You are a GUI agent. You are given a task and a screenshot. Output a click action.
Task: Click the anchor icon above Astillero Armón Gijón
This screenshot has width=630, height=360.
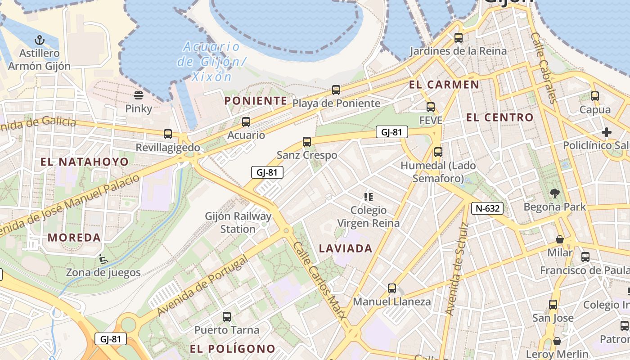pyautogui.click(x=40, y=40)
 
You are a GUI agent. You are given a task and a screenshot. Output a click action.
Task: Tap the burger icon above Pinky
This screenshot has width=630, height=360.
pyautogui.click(x=139, y=95)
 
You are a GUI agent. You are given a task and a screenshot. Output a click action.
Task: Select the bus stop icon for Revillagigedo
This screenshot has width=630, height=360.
pyautogui.click(x=168, y=134)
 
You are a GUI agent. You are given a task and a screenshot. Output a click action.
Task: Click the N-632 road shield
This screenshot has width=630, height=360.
pyautogui.click(x=487, y=208)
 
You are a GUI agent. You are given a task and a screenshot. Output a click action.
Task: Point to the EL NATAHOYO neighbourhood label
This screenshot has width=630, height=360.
pyautogui.click(x=85, y=162)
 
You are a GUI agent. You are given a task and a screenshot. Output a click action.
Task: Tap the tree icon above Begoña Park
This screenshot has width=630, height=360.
pyautogui.click(x=554, y=193)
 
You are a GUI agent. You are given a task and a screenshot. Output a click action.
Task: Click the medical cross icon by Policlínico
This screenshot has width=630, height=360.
pyautogui.click(x=606, y=132)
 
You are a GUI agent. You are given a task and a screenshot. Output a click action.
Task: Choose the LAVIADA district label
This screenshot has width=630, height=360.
pyautogui.click(x=346, y=248)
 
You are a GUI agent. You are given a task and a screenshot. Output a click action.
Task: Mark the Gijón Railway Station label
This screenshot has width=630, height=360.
pyautogui.click(x=238, y=222)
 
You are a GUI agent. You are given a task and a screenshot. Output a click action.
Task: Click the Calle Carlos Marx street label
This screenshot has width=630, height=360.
pyautogui.click(x=320, y=281)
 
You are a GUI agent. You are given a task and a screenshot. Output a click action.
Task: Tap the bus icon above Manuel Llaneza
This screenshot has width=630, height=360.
pyautogui.click(x=392, y=288)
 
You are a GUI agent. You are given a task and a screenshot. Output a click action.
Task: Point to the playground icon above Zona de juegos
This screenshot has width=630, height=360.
pyautogui.click(x=103, y=259)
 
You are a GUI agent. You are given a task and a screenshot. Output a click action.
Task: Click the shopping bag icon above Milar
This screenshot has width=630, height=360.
pyautogui.click(x=560, y=239)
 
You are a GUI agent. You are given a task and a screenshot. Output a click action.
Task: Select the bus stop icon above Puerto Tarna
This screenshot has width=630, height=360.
pyautogui.click(x=227, y=317)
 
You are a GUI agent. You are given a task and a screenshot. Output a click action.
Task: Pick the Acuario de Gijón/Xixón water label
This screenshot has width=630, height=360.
pyautogui.click(x=211, y=61)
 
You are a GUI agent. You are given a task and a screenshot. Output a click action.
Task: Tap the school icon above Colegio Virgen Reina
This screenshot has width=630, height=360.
pyautogui.click(x=369, y=197)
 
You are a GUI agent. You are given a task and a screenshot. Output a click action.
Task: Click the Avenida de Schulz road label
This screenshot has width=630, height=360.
pyautogui.click(x=456, y=269)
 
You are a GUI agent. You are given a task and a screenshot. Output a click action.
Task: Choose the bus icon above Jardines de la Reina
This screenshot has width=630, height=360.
pyautogui.click(x=459, y=37)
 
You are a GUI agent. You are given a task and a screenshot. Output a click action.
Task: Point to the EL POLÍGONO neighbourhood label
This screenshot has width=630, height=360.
pyautogui.click(x=232, y=349)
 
